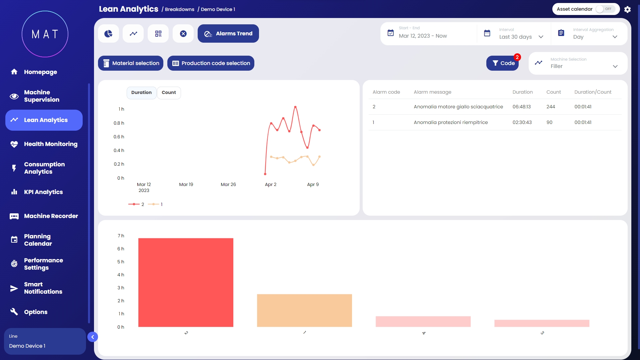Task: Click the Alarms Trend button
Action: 228,34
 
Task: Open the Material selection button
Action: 131,63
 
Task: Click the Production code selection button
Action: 211,63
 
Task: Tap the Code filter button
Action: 502,63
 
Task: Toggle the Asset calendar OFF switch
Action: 605,9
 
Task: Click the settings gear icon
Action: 627,9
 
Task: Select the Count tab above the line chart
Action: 169,93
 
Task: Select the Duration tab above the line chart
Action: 141,93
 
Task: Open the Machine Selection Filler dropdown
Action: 578,63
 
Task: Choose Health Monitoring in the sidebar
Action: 50,144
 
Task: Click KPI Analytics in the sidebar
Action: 43,192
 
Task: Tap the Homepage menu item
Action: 40,72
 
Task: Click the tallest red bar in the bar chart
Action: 186,282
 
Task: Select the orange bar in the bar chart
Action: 304,310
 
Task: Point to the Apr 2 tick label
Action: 270,185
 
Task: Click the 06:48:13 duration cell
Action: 522,107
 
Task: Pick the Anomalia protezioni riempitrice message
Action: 451,122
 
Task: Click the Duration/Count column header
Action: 593,92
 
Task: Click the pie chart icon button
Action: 108,34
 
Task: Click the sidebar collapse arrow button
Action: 93,337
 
